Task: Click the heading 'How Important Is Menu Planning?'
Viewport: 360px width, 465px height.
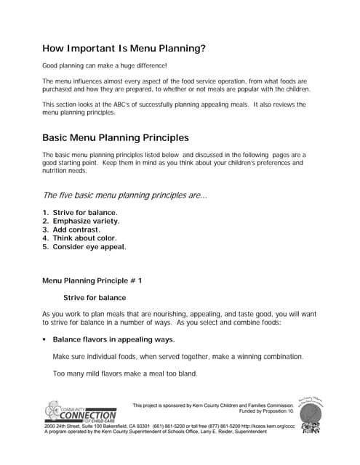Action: point(124,49)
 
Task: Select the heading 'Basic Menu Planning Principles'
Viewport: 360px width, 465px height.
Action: point(116,137)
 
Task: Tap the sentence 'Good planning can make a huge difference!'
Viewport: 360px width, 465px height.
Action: point(105,66)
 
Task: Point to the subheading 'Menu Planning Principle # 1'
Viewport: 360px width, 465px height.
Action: point(92,280)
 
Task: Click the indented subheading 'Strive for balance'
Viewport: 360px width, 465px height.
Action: point(95,297)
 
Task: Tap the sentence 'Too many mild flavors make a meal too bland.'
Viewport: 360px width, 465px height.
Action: point(124,374)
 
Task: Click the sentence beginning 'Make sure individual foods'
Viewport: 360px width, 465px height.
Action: point(178,357)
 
